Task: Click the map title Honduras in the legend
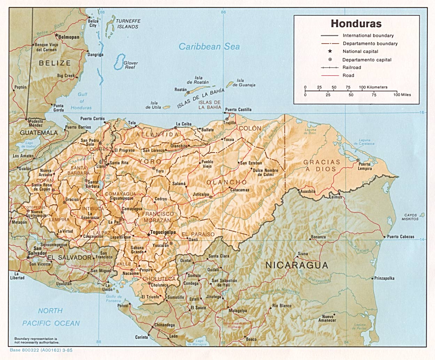356,24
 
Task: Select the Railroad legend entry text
352,68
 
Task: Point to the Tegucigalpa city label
163,232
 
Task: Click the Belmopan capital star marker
56,35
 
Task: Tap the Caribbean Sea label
209,47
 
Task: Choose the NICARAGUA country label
297,265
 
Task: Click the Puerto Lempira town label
365,166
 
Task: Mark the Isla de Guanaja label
244,83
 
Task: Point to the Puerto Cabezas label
401,237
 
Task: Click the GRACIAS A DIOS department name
321,166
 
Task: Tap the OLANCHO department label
226,182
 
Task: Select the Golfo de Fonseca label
114,299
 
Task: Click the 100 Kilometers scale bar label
373,87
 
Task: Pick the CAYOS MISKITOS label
410,217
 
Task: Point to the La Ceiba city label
184,124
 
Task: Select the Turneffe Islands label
128,24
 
